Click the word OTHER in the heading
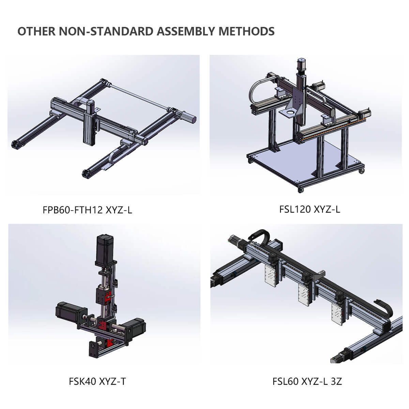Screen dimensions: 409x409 (36, 31)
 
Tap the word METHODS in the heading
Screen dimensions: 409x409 (246, 31)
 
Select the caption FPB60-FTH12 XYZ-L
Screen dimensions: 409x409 (87, 210)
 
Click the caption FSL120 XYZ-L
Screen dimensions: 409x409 (309, 209)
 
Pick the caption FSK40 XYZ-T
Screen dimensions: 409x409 (97, 381)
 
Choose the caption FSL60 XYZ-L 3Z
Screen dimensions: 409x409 (307, 381)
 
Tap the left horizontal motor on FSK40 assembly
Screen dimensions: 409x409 (68, 313)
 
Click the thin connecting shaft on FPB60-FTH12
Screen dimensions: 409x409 (140, 96)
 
